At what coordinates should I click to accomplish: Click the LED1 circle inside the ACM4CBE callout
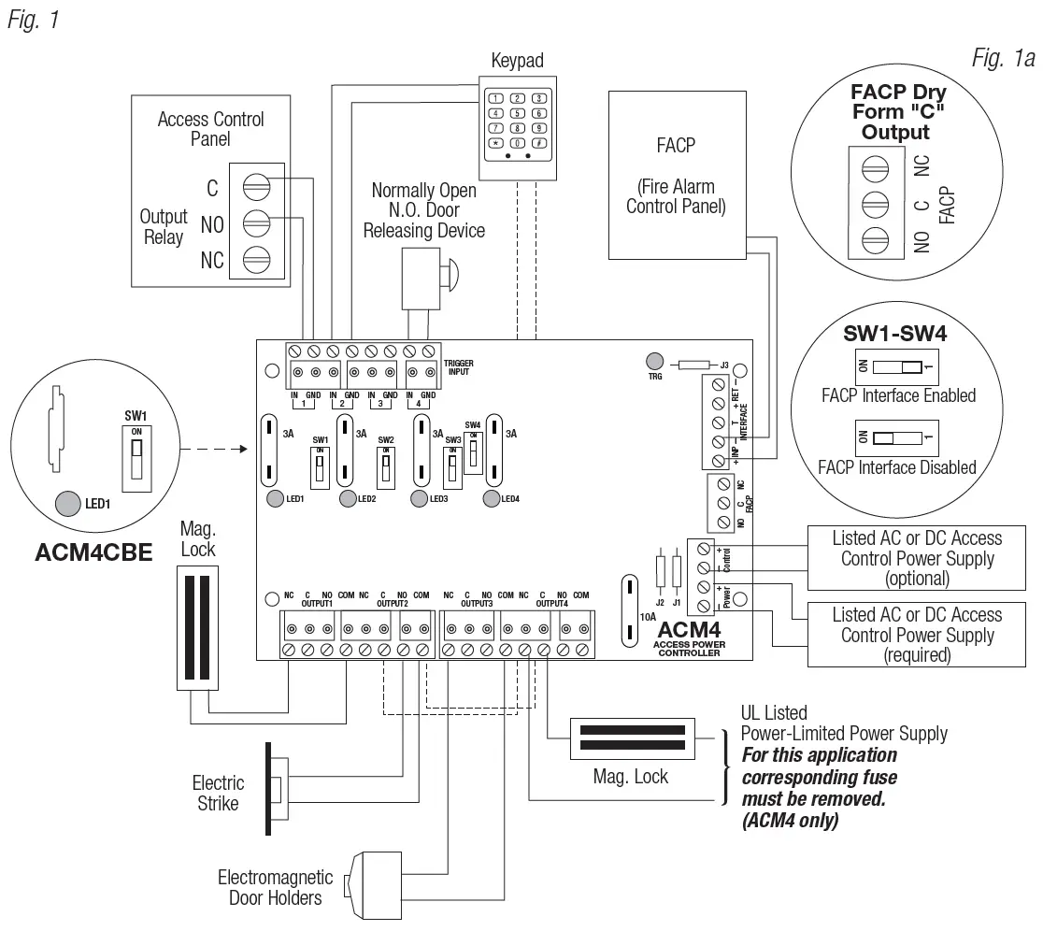68,504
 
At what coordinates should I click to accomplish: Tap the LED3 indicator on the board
420,498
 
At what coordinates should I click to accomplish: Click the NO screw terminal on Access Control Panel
254,222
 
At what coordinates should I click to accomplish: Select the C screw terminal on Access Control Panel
254,187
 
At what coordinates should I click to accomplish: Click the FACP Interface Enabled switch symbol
895,367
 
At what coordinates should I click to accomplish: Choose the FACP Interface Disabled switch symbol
895,437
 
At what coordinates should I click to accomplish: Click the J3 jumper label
722,365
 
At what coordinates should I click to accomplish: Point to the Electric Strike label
218,793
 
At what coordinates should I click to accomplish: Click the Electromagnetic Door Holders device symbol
359,883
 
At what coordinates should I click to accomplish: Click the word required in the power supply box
917,655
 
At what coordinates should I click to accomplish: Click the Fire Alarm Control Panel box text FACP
676,147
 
